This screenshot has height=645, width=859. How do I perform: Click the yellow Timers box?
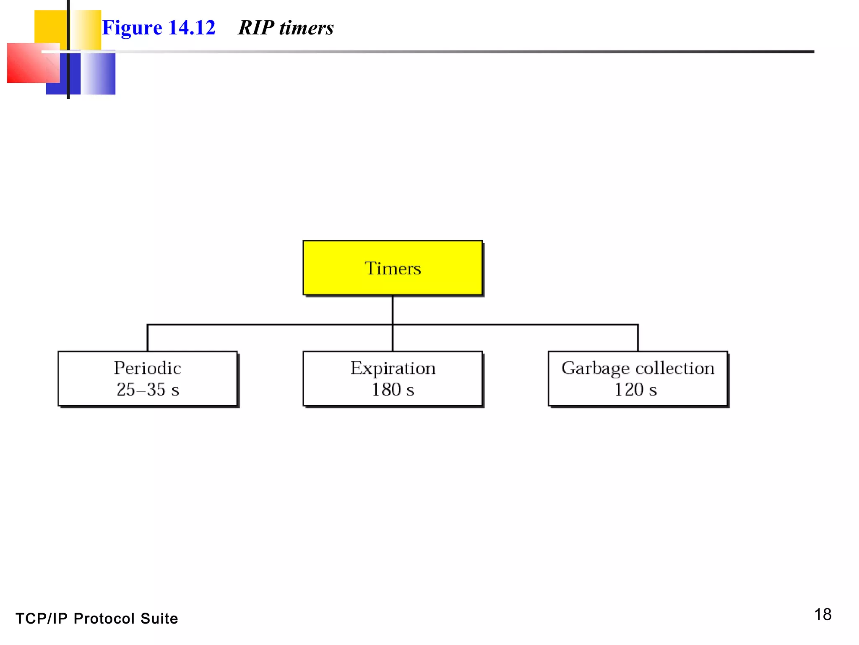[393, 268]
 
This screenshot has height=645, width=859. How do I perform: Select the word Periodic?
[148, 368]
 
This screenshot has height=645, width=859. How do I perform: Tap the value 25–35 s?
[148, 390]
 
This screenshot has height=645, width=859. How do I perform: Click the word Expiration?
[393, 368]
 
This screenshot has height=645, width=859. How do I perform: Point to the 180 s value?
[393, 390]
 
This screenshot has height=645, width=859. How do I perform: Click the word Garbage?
[595, 369]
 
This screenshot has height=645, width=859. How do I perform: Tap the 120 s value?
[635, 390]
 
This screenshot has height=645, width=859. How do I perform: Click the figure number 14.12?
[192, 28]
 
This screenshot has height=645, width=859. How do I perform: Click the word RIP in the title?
[256, 28]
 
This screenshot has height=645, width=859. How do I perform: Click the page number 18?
[823, 615]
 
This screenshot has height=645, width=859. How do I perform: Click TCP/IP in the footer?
[41, 619]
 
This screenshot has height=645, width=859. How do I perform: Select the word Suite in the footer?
[159, 619]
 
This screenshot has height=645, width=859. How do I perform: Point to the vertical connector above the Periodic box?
[148, 338]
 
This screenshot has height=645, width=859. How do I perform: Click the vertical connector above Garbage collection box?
[638, 338]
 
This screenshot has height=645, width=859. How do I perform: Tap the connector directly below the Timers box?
[393, 309]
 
